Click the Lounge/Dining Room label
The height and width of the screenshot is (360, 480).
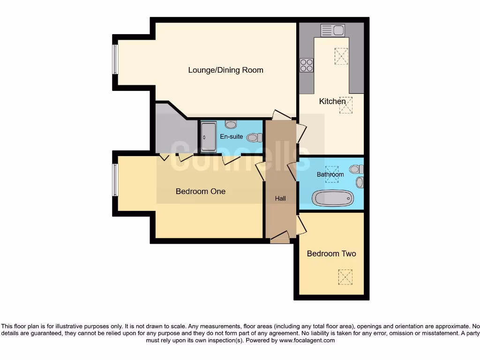[x=225, y=70]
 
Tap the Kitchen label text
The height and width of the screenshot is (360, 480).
[x=332, y=101]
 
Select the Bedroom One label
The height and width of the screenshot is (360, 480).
[x=200, y=191]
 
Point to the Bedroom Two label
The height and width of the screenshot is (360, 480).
[x=331, y=254]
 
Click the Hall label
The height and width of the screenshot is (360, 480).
[x=280, y=199]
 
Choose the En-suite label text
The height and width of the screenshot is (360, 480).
[x=232, y=137]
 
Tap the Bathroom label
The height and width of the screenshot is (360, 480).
[x=330, y=174]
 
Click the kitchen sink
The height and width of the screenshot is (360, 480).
[x=332, y=30]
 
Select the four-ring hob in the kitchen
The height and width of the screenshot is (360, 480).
[x=307, y=65]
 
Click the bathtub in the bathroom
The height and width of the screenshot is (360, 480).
[x=333, y=198]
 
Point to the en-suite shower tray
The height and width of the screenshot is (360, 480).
[x=209, y=137]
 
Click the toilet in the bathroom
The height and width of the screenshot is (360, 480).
[x=357, y=169]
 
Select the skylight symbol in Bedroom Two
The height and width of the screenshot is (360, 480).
[x=345, y=277]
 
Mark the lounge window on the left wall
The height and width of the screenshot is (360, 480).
[x=115, y=59]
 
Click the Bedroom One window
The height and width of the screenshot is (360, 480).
[x=115, y=180]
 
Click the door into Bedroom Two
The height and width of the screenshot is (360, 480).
[x=301, y=225]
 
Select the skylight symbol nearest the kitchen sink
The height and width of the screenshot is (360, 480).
[x=341, y=56]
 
